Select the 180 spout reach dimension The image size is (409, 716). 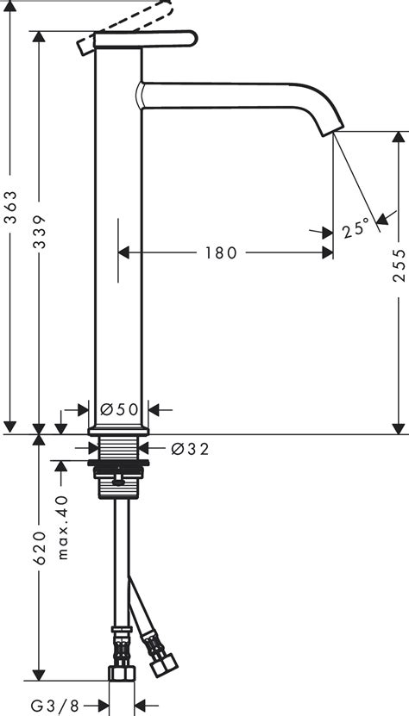(x=221, y=252)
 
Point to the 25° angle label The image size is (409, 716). (x=355, y=229)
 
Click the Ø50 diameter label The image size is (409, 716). (x=119, y=409)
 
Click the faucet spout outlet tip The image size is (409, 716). (x=335, y=130)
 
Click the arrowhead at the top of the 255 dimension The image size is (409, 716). (x=398, y=136)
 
